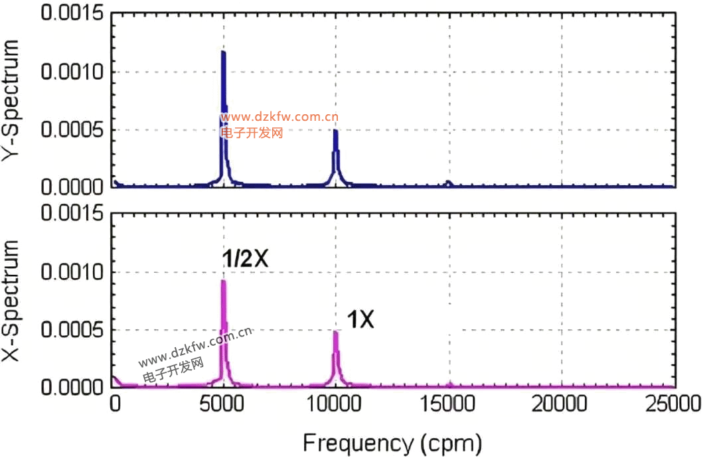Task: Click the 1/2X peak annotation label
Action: pos(245,260)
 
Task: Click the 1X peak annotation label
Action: pos(362,321)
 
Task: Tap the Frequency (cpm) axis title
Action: pos(392,441)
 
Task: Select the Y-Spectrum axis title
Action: pos(14,100)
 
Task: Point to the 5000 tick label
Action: pos(224,403)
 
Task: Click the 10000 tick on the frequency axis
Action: pos(336,403)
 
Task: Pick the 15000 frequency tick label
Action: pos(449,403)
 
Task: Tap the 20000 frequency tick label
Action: pos(562,403)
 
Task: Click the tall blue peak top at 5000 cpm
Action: pos(224,52)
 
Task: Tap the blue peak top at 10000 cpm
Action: pos(336,131)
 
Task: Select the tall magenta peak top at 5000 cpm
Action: pos(224,281)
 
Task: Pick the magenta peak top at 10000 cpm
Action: pos(336,332)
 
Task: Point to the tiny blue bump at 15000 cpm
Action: pos(449,183)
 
